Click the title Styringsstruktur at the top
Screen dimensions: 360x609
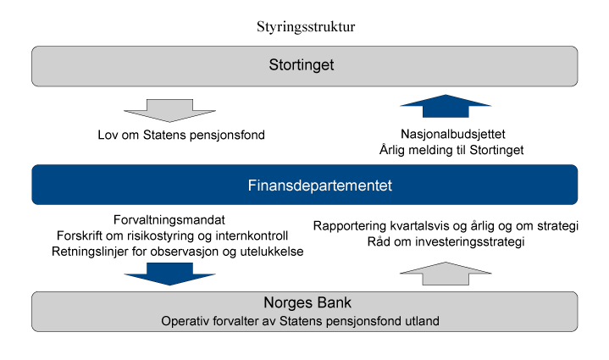point(305,26)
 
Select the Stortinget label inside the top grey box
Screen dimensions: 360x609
point(304,65)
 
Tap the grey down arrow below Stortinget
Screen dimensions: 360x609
point(159,111)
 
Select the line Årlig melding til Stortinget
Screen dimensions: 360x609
point(451,149)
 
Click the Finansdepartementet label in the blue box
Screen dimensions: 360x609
point(304,185)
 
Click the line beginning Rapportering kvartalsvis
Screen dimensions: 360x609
point(445,225)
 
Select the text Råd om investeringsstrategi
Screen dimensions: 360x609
point(445,241)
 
